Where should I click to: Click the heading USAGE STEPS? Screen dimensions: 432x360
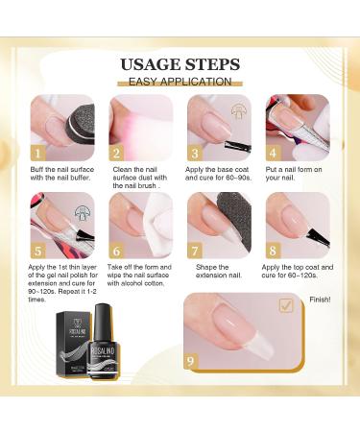click(x=180, y=64)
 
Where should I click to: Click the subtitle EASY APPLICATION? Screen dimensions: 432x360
click(x=180, y=82)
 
